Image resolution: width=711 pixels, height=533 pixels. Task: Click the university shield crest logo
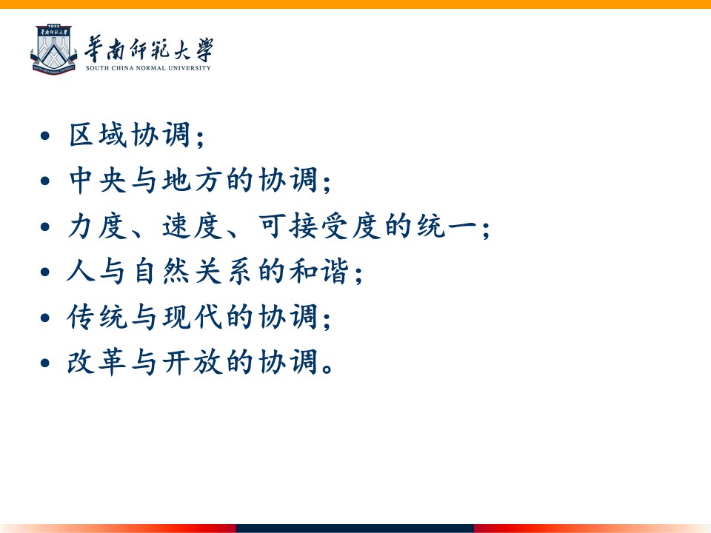coord(53,50)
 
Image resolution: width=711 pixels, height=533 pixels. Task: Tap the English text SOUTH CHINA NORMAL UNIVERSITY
coord(148,68)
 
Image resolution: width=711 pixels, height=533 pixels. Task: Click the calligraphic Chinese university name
coord(149,49)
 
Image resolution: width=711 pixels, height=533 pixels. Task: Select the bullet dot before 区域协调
coord(45,135)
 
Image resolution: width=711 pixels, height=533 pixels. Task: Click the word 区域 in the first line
coord(98,135)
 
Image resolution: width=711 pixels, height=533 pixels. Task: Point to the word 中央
coord(98,180)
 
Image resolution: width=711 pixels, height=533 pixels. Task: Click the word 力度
coord(98,226)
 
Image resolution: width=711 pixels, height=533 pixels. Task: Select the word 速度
coord(193,226)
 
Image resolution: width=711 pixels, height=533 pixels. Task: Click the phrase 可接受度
coord(319,226)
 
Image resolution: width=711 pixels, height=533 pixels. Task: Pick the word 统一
coord(446,226)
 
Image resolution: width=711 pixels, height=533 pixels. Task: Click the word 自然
coord(161,271)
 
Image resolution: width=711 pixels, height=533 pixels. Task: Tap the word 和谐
coord(319,271)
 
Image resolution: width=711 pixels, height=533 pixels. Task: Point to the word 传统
coord(98,316)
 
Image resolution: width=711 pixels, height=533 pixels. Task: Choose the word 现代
coord(193,316)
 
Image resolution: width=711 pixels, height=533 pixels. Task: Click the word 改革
coord(98,362)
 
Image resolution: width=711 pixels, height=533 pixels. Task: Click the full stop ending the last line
coord(327,368)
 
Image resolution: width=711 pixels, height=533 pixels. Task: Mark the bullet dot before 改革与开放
coord(45,363)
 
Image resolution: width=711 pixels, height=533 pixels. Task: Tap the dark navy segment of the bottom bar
coord(355,529)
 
